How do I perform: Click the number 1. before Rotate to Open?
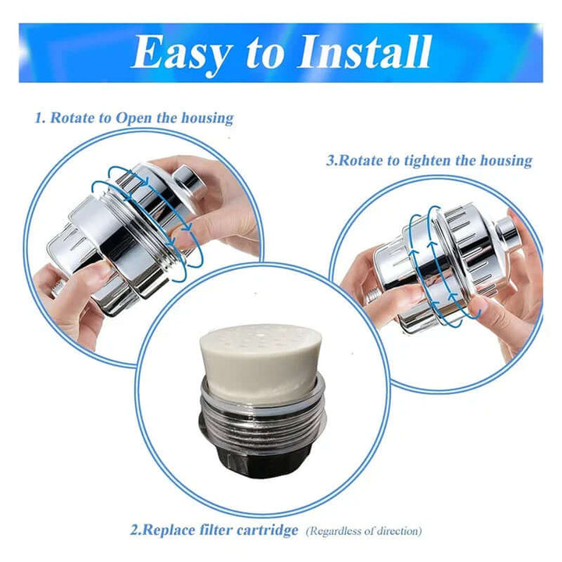[x=41, y=119]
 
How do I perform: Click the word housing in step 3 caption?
[x=507, y=161]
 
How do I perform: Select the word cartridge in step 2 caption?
[x=265, y=531]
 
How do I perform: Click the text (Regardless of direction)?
[x=364, y=532]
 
